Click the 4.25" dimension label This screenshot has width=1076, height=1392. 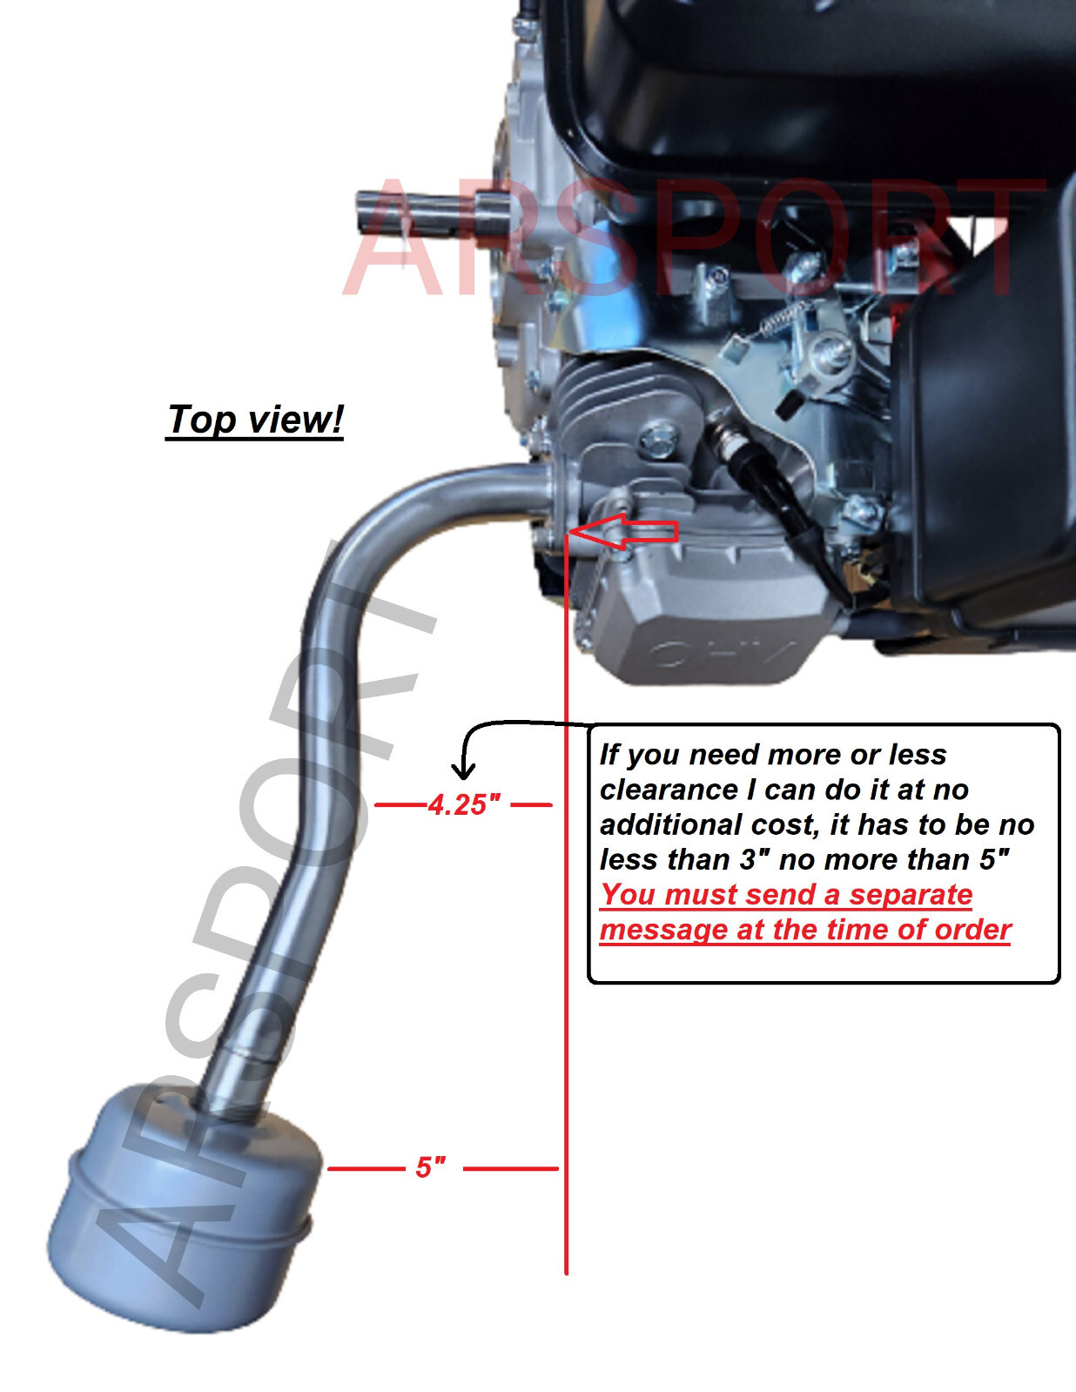[463, 804]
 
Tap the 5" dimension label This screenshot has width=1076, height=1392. [431, 1167]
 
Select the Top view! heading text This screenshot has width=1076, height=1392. [255, 420]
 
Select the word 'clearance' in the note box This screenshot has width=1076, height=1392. [668, 790]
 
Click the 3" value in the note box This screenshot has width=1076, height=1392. [755, 860]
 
